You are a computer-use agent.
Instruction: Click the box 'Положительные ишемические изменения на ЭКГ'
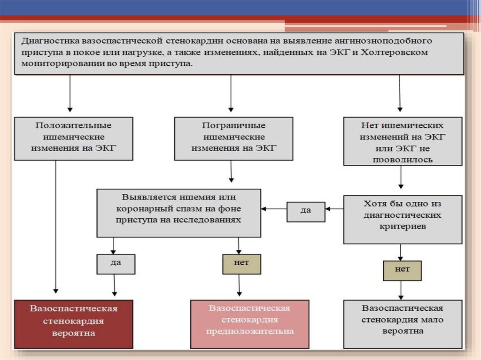74,138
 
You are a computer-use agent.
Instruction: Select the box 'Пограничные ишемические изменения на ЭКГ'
233,138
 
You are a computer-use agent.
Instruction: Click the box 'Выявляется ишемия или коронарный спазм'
178,213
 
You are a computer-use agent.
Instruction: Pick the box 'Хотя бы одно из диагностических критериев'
403,219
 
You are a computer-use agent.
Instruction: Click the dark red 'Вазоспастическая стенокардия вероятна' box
74,324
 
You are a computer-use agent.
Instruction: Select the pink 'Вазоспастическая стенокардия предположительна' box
249,324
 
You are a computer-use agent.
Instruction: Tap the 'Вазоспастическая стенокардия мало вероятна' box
403,324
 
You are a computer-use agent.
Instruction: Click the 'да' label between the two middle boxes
305,211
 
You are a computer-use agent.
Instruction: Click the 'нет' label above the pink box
241,264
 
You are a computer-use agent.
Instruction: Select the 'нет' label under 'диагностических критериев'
402,270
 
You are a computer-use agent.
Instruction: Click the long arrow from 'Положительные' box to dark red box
56,225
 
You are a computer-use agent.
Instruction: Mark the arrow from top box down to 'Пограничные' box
231,94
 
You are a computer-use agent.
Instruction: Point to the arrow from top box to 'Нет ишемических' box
400,94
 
